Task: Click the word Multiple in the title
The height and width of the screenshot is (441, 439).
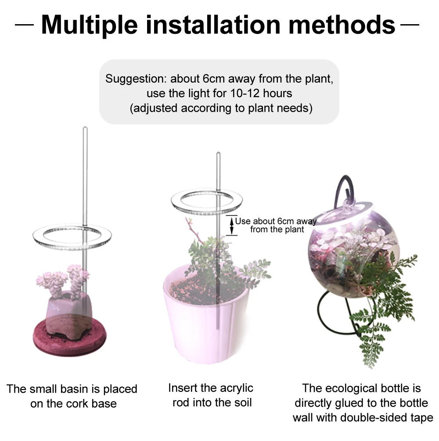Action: tap(89, 25)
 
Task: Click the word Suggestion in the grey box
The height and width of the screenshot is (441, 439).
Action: tap(136, 79)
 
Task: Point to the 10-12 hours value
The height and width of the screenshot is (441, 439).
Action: tap(261, 93)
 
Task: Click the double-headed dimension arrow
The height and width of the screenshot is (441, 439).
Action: tap(232, 226)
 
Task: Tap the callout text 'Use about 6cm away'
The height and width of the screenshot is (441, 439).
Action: tap(276, 221)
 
